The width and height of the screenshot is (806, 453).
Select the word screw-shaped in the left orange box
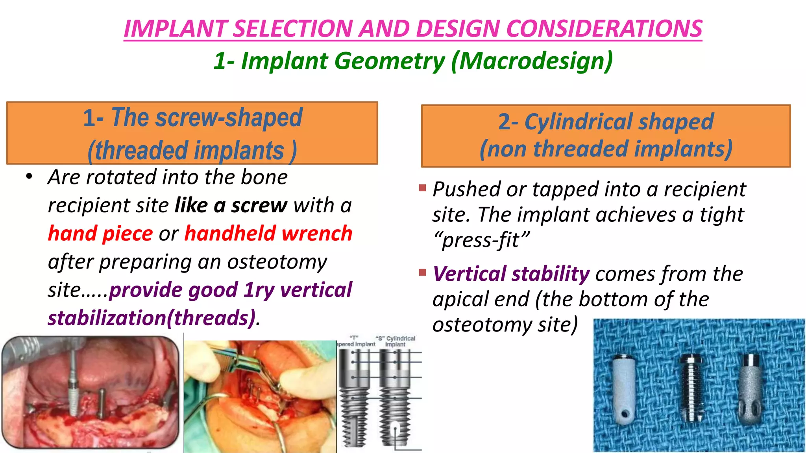pos(229,117)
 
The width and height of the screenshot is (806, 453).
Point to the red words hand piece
pos(100,234)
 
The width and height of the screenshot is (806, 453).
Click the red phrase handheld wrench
pos(268,234)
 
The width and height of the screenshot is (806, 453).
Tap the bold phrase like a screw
pos(231,206)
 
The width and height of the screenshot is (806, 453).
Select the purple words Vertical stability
pos(511,274)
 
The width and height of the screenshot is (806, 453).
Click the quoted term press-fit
pos(481,240)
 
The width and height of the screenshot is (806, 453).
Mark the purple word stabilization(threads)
pos(152,318)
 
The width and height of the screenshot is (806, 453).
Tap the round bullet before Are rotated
pos(29,177)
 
